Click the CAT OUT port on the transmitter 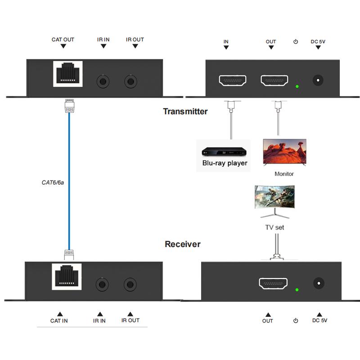point(68,73)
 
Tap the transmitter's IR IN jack point(103,81)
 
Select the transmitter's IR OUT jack point(131,81)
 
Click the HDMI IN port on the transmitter point(233,81)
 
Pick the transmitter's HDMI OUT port point(274,81)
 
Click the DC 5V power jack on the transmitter point(319,81)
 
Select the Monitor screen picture point(284,152)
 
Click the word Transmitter point(185,111)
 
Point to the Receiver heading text point(182,244)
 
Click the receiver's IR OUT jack point(130,284)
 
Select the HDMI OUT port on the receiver point(273,283)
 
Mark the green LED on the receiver point(297,289)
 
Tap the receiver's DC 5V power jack point(319,283)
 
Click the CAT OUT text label point(63,40)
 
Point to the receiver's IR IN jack point(102,284)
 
